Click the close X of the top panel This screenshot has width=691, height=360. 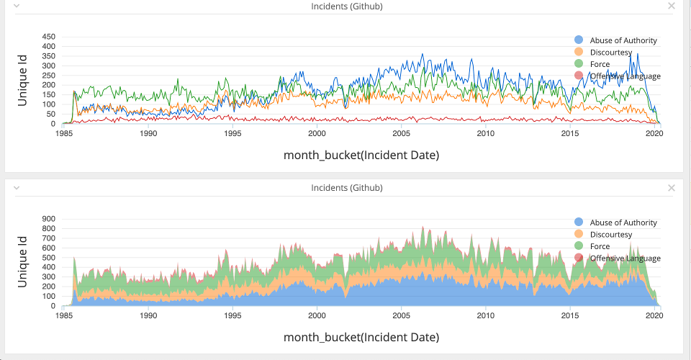[x=672, y=6]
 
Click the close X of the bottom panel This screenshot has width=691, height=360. [x=672, y=188]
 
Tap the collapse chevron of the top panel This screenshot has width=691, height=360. [x=17, y=6]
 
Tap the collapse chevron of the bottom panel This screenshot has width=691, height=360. [x=17, y=188]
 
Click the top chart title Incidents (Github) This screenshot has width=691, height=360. [x=346, y=6]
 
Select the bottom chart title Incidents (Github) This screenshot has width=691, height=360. [x=346, y=188]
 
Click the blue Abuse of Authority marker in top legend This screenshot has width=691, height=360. [x=579, y=40]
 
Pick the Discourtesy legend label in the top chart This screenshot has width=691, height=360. [x=610, y=53]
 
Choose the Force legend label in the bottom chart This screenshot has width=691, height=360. [x=600, y=246]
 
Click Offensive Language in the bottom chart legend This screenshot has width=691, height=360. [x=625, y=258]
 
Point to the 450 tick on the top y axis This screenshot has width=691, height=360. [x=49, y=36]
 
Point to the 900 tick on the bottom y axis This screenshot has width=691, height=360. [x=49, y=218]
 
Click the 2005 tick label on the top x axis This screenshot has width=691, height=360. [x=401, y=134]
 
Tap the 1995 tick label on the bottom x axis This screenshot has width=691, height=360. [x=232, y=316]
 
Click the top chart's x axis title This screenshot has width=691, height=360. [x=361, y=155]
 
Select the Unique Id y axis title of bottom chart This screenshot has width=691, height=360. [x=22, y=262]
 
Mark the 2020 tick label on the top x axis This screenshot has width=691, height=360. [x=654, y=134]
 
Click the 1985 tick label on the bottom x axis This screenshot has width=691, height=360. [x=64, y=316]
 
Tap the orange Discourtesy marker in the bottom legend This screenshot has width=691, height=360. [x=579, y=234]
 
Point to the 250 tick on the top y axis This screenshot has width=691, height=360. [x=49, y=75]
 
